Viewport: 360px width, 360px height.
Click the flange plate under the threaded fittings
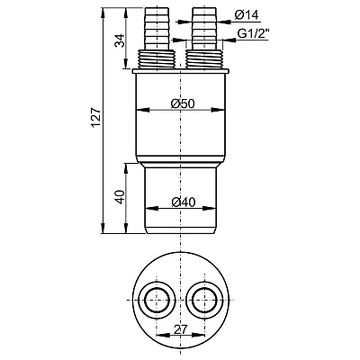(x=179, y=69)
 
